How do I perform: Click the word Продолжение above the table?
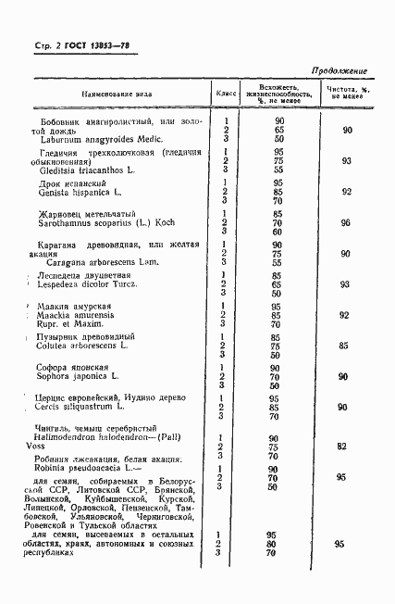(x=339, y=71)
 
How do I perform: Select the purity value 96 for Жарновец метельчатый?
(x=345, y=223)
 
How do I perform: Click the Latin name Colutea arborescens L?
(x=85, y=346)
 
